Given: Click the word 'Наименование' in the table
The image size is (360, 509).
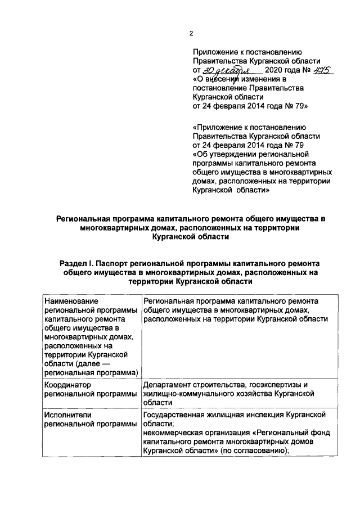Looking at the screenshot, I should point(71,301).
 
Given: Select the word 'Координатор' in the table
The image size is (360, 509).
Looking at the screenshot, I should point(67,384).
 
